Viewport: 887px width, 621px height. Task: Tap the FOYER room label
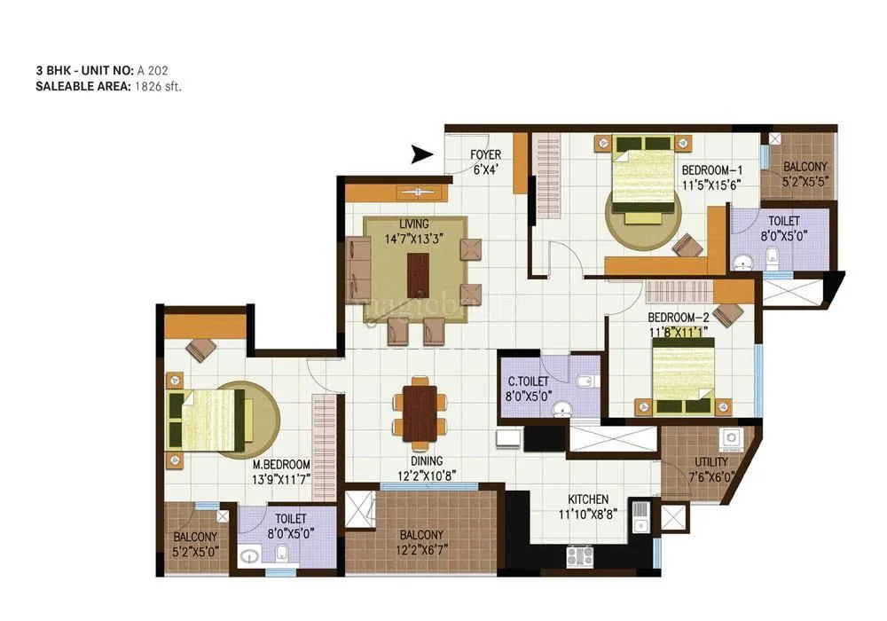485,155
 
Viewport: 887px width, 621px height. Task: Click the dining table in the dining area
419,409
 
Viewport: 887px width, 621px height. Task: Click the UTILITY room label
711,462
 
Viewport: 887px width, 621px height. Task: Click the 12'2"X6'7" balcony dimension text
420,548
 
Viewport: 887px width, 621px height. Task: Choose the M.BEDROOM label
281,465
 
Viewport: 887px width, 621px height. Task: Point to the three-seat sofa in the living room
358,270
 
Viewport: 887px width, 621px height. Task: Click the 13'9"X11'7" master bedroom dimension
281,479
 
